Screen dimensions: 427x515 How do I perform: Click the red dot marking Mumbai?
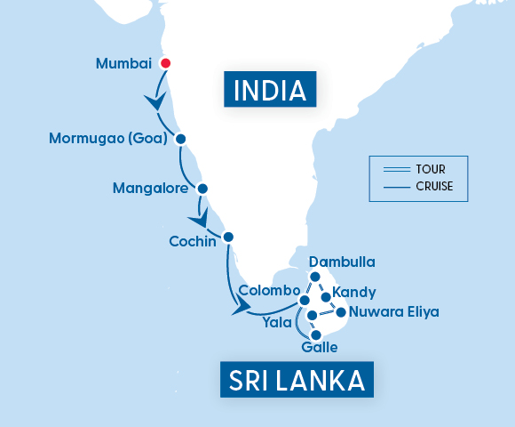click(x=165, y=63)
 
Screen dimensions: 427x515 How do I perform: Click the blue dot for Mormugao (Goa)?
click(x=180, y=139)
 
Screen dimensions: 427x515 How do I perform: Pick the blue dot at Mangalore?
click(x=202, y=189)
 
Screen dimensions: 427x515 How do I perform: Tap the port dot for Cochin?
click(x=228, y=237)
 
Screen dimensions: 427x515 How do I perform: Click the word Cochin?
click(x=192, y=241)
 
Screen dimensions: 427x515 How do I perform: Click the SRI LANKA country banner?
click(x=297, y=380)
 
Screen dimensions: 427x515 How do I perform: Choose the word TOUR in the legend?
click(x=430, y=169)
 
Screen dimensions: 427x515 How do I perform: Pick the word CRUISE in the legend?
click(x=434, y=187)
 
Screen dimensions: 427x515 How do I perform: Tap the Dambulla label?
click(x=342, y=262)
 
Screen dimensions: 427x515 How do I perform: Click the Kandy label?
click(x=353, y=292)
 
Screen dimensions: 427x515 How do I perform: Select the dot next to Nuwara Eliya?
click(x=341, y=311)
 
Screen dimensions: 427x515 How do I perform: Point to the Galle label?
click(x=320, y=347)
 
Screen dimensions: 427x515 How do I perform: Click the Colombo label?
click(x=267, y=291)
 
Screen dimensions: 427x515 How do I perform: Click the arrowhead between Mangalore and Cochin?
click(x=201, y=219)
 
